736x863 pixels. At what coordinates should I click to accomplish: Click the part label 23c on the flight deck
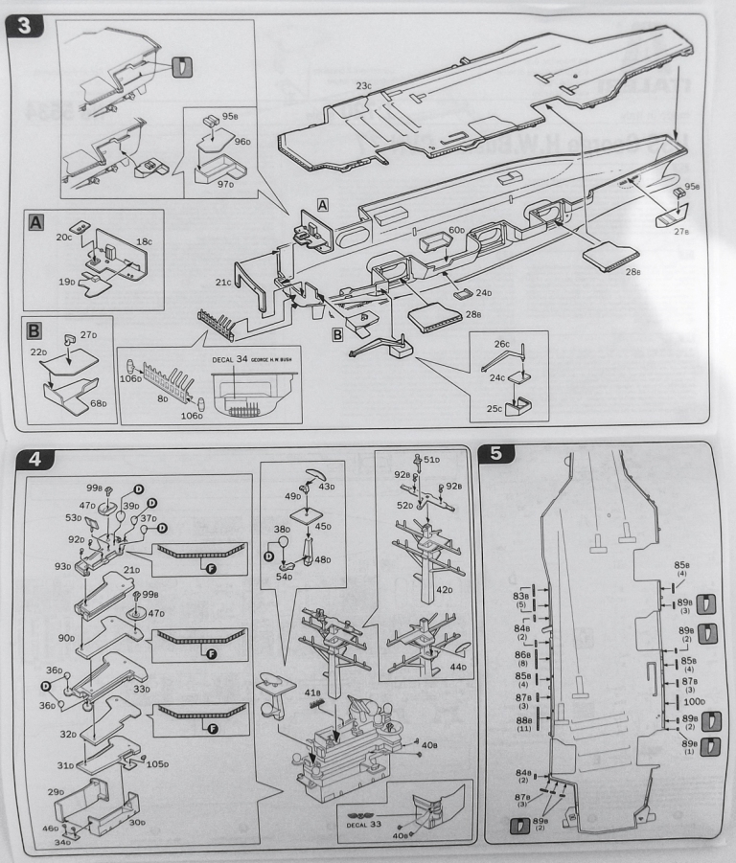pos(363,85)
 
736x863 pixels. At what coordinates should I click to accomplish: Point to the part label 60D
pos(456,230)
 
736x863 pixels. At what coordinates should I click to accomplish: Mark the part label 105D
pos(157,764)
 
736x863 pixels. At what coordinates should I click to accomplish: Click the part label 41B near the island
pos(311,691)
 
